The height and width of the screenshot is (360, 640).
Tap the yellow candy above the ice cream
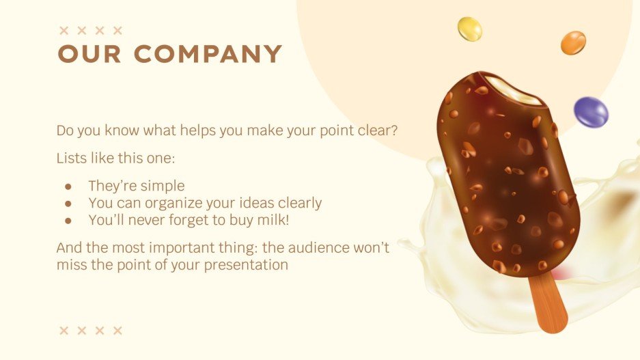point(470,29)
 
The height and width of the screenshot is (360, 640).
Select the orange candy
point(573,43)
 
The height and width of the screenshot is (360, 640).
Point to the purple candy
point(590,112)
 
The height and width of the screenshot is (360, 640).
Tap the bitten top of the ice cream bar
point(518,92)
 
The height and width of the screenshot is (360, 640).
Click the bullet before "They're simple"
point(68,186)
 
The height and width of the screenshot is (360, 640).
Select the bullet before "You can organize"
point(68,203)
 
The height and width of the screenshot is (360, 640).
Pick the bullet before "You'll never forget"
point(68,220)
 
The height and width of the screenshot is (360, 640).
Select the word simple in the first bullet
point(163,186)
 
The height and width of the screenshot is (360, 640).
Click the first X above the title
point(64,30)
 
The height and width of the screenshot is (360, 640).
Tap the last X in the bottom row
point(117,331)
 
